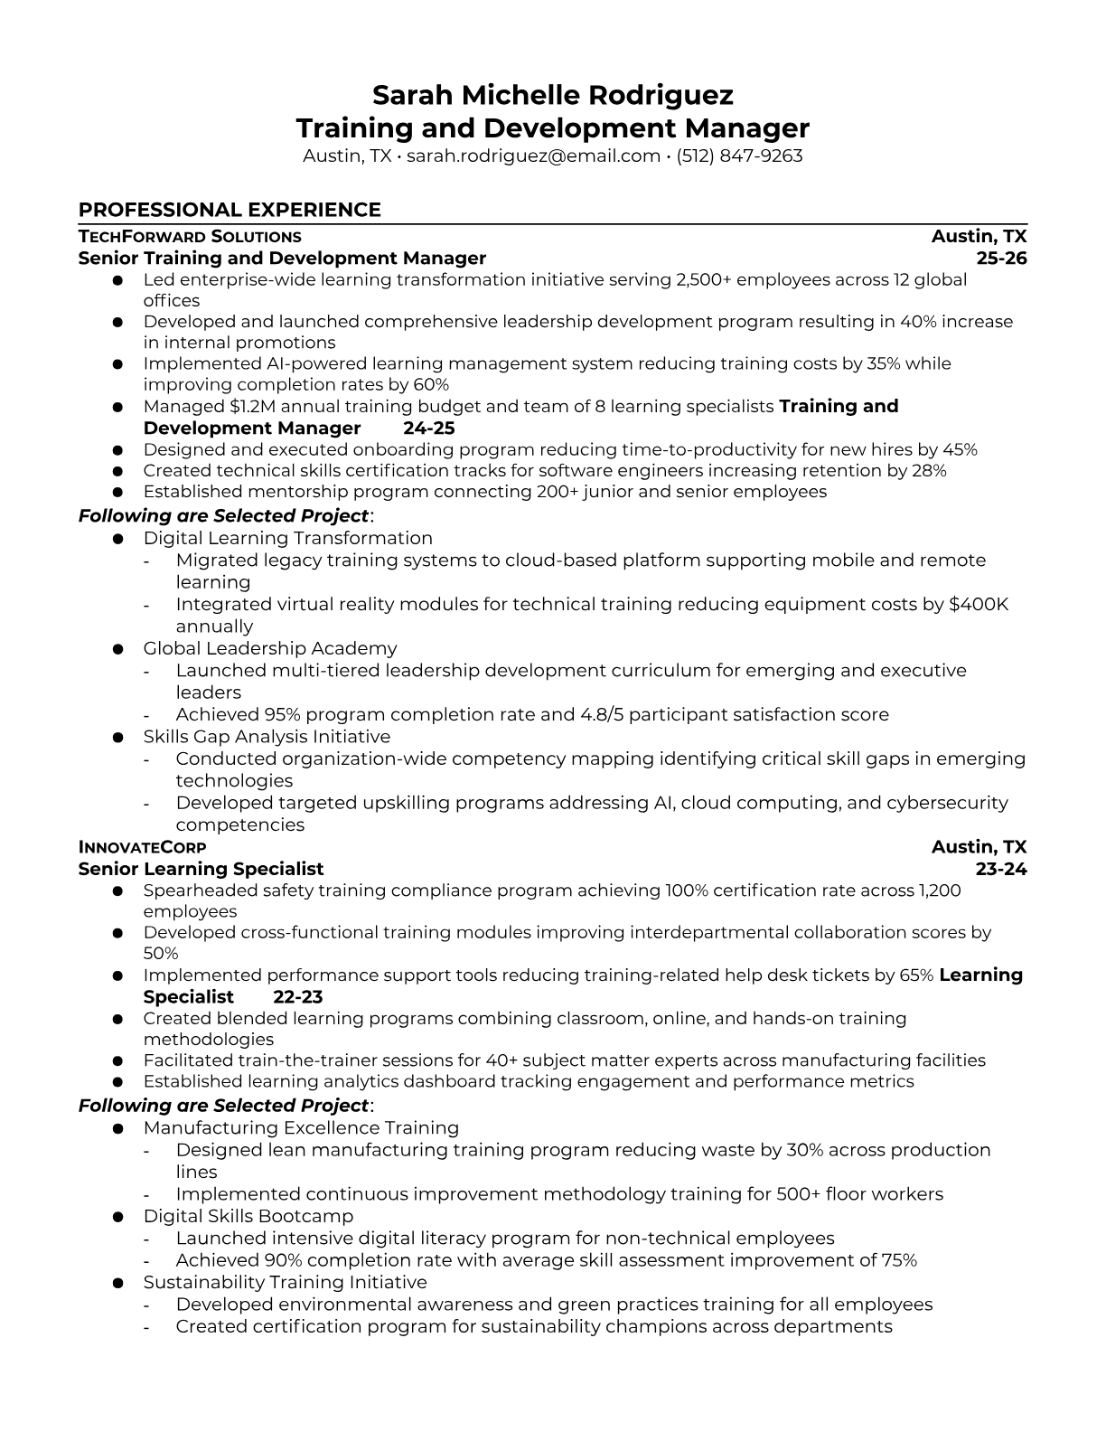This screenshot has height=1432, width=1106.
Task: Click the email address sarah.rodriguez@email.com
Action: pyautogui.click(x=533, y=155)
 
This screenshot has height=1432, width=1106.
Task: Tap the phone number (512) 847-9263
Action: pyautogui.click(x=739, y=155)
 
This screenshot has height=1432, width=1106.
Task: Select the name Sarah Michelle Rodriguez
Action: pyautogui.click(x=553, y=95)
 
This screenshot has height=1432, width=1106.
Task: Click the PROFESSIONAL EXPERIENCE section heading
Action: pyautogui.click(x=230, y=210)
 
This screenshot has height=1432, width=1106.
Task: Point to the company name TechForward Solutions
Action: pyautogui.click(x=190, y=237)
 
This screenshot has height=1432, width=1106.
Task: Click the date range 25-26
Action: pyautogui.click(x=1002, y=259)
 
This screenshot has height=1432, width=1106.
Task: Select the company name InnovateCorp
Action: pyautogui.click(x=142, y=847)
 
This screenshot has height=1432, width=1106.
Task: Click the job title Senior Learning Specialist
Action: pyautogui.click(x=201, y=869)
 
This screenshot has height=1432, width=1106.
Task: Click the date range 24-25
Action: pyautogui.click(x=428, y=428)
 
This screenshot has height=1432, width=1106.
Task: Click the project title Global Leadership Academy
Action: pyautogui.click(x=269, y=648)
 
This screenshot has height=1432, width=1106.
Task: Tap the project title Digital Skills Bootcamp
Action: pyautogui.click(x=248, y=1216)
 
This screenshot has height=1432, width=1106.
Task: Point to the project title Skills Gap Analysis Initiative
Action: pyautogui.click(x=267, y=737)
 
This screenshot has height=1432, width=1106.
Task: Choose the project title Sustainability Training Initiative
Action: pyautogui.click(x=285, y=1282)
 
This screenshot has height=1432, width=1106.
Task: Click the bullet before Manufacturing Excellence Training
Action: pyautogui.click(x=117, y=1128)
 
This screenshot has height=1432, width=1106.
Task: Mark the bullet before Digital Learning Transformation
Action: pyautogui.click(x=117, y=539)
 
